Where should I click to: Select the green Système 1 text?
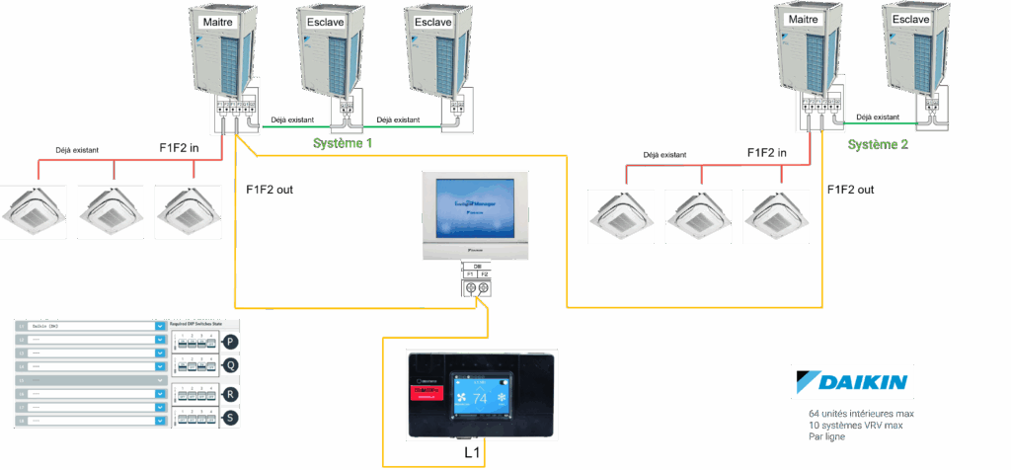click(x=343, y=143)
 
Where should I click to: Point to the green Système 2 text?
click(x=879, y=143)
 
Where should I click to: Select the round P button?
click(x=231, y=342)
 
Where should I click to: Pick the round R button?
click(x=231, y=394)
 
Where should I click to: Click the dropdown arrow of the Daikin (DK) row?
click(x=160, y=325)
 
